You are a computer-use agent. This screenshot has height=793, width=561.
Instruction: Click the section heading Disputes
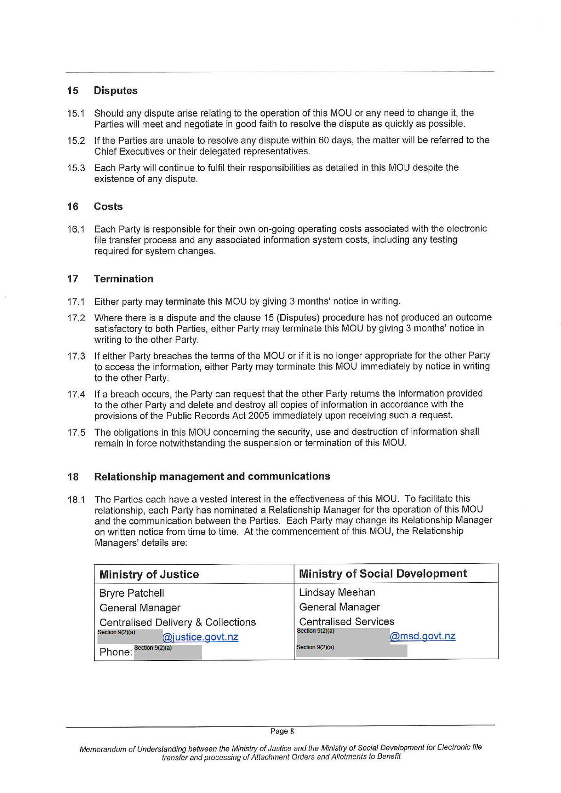coord(115,91)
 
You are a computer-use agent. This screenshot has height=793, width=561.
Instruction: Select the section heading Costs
coord(108,207)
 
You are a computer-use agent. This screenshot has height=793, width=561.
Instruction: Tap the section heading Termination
coord(123,279)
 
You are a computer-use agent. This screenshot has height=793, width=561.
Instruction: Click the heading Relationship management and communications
coord(212,476)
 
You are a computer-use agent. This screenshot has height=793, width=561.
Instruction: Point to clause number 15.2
coord(76,140)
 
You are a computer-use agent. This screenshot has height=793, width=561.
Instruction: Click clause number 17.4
coord(76,394)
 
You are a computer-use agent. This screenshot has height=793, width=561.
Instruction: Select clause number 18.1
coord(76,499)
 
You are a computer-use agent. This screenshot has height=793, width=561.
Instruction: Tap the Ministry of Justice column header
coord(149,574)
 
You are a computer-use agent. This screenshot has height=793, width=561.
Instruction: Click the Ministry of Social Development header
coord(382,573)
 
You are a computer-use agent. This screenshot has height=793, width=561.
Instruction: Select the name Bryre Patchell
coord(132,593)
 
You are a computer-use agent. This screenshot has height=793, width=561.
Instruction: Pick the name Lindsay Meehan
coord(337,592)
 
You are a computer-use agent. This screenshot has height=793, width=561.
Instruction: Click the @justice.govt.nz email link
coord(200,637)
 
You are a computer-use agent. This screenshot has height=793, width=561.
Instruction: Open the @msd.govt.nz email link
coord(422,636)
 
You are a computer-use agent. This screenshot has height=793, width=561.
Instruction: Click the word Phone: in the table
coord(116,652)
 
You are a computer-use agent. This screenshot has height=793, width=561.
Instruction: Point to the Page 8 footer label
coord(282,731)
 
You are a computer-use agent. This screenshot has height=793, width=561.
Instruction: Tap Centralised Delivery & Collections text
coord(178,622)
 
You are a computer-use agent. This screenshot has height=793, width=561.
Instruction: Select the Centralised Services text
coord(346,621)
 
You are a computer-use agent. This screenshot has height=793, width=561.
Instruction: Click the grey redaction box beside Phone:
coord(168,653)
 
